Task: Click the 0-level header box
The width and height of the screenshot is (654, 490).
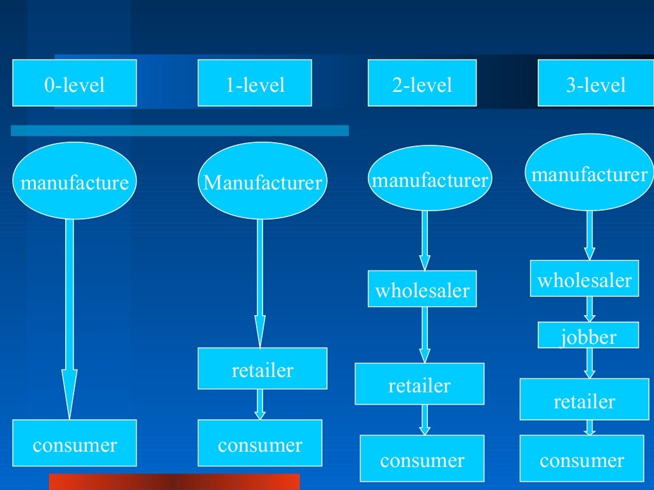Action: (74, 83)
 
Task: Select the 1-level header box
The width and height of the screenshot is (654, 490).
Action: (255, 83)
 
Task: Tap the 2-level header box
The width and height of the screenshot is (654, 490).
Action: (422, 83)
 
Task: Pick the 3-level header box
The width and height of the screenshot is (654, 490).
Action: (595, 83)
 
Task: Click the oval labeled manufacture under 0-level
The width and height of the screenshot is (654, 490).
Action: (74, 183)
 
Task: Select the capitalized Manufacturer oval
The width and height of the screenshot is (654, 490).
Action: (262, 183)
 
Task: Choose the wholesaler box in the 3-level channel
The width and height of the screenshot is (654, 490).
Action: (584, 279)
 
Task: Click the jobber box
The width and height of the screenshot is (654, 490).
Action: (588, 335)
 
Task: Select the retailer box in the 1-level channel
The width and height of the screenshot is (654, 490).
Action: (262, 369)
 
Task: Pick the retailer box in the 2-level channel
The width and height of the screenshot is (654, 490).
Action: (420, 384)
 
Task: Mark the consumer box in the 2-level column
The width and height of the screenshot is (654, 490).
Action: (422, 459)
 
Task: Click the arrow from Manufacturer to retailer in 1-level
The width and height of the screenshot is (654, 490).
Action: (260, 281)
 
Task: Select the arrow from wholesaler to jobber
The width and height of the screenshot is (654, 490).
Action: (589, 309)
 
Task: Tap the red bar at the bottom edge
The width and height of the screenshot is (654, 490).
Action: (174, 482)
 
